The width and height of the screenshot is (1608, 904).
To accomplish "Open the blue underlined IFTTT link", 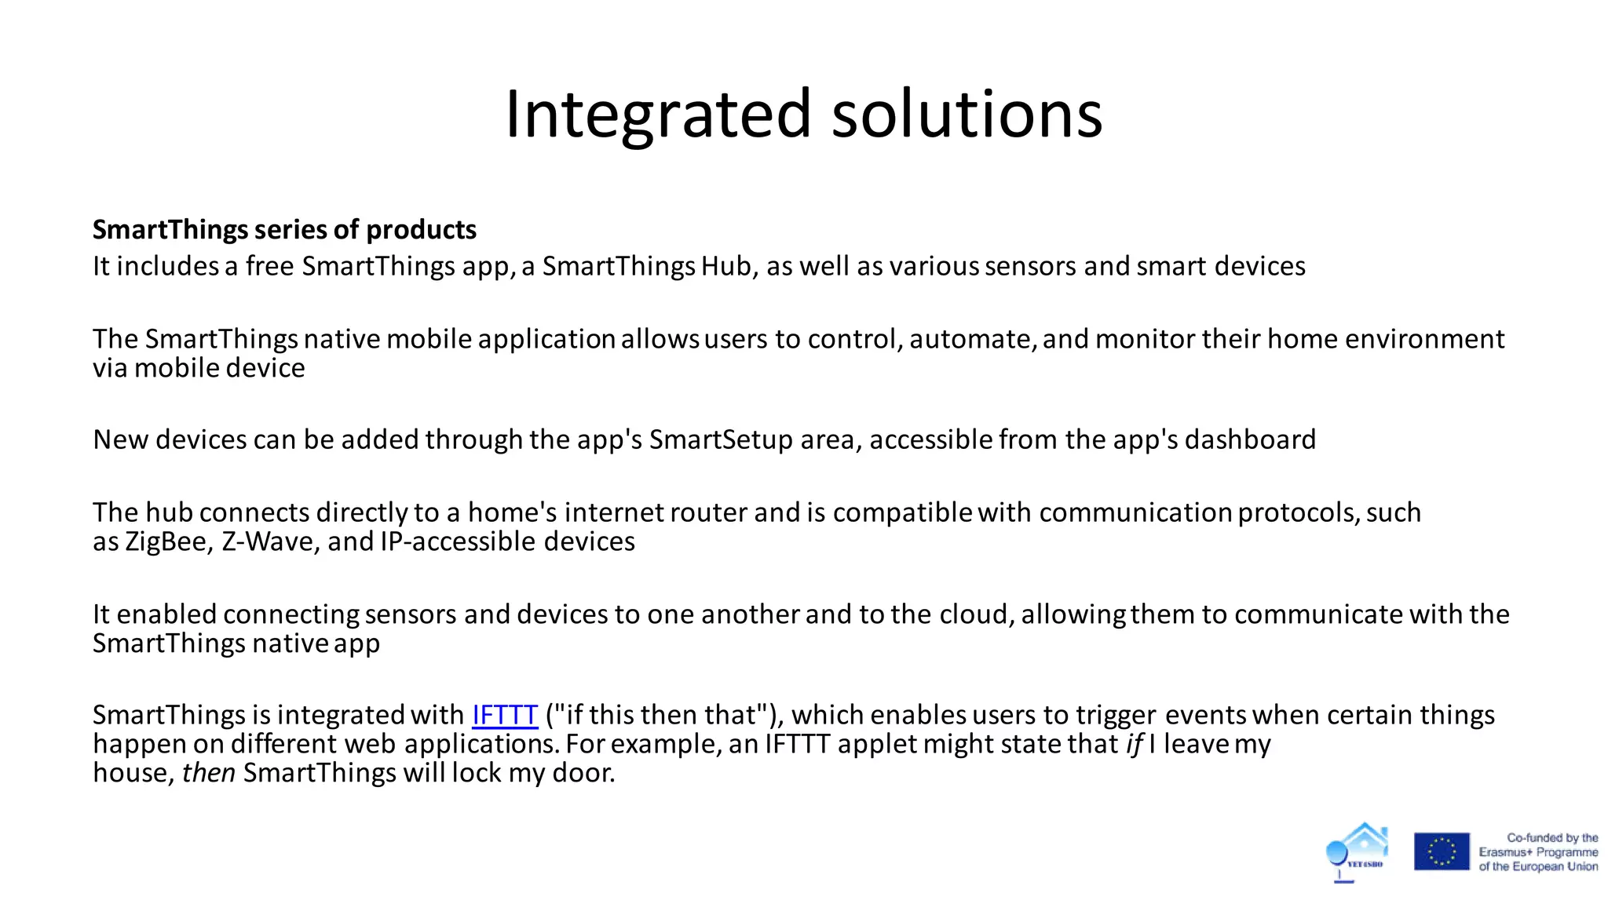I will pos(504,715).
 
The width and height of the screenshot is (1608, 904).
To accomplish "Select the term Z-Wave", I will pos(267,541).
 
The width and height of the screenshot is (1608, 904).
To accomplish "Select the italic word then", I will pos(209,773).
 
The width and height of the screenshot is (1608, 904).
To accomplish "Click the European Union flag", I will pos(1442,851).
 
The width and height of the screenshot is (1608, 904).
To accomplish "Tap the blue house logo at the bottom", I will pos(1358,850).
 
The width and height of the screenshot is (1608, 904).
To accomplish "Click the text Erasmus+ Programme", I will pos(1537,852).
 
